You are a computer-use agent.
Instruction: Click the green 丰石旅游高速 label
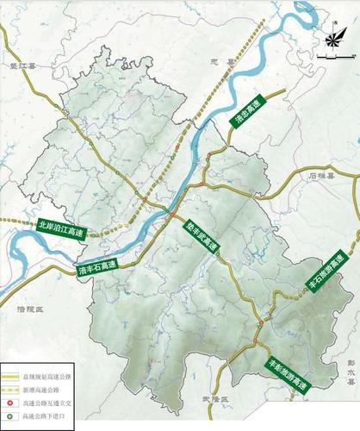click(x=324, y=274)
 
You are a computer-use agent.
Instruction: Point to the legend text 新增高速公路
click(x=43, y=390)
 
